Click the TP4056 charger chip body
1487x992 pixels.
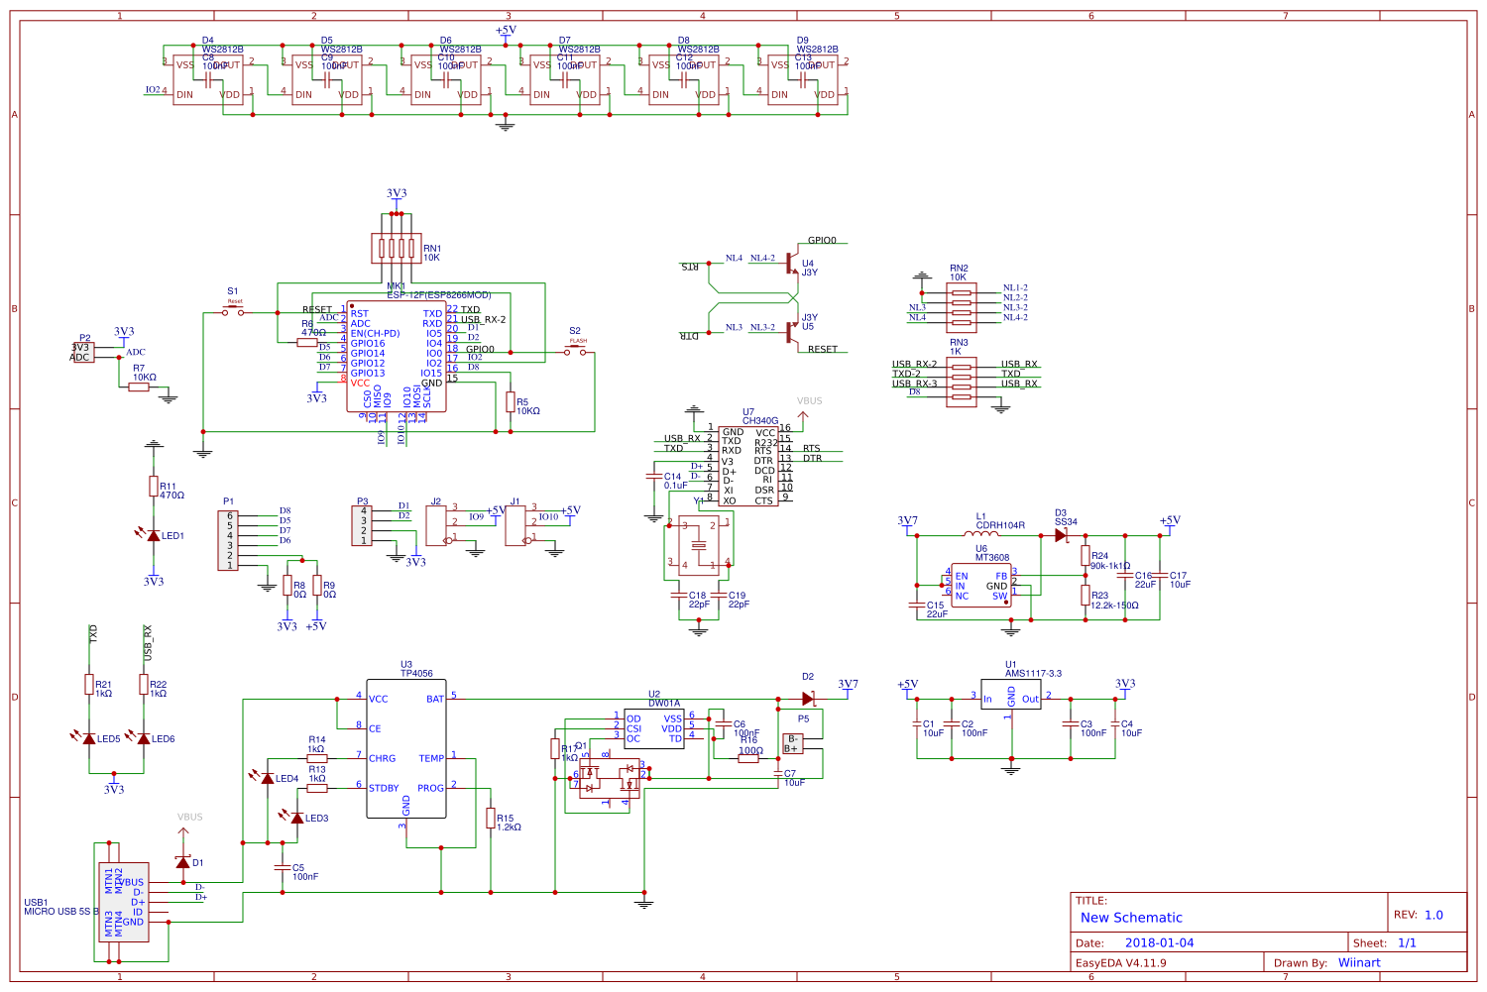405,748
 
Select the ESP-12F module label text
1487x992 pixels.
438,295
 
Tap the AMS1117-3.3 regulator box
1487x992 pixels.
1010,695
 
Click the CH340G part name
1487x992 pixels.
760,421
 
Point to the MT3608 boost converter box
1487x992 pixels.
980,586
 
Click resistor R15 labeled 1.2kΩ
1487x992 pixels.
490,818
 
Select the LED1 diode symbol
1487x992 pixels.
153,535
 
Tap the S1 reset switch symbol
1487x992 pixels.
233,312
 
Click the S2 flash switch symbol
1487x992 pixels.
575,352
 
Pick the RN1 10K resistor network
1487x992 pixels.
397,249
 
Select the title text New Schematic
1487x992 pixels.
1131,918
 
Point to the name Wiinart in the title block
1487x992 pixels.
1358,962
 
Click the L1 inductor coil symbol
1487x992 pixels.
981,534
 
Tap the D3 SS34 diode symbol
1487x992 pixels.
1061,535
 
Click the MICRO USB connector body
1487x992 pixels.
125,902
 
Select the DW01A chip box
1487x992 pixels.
653,728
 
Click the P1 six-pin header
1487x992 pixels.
229,540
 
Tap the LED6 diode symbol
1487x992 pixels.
144,738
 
